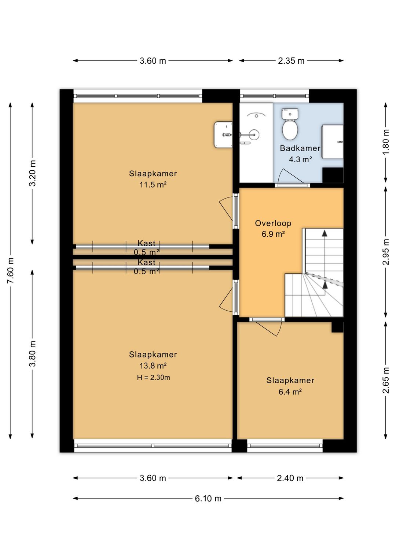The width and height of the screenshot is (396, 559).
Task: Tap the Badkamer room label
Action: tap(300, 148)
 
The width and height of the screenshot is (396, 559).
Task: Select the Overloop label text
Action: tap(273, 223)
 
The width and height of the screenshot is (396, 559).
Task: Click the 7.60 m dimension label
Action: tap(11, 270)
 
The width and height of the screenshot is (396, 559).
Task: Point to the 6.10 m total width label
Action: tap(208, 499)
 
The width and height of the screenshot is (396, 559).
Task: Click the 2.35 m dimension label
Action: tap(291, 61)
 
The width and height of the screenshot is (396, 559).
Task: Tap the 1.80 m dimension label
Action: tap(386, 142)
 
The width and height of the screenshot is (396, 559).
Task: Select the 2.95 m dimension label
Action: tap(386, 252)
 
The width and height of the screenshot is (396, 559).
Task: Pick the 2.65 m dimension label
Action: tap(386, 381)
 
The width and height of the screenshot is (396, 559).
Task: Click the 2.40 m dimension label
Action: tap(290, 478)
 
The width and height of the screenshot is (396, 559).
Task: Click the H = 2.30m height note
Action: tap(153, 377)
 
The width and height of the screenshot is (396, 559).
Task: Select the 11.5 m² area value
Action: tap(153, 185)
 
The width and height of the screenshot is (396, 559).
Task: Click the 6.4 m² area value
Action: tap(290, 392)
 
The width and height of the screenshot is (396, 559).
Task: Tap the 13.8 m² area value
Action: tap(153, 366)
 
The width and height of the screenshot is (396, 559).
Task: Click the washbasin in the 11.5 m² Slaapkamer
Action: tap(223, 134)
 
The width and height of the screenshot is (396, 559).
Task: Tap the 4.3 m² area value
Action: tap(300, 159)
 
